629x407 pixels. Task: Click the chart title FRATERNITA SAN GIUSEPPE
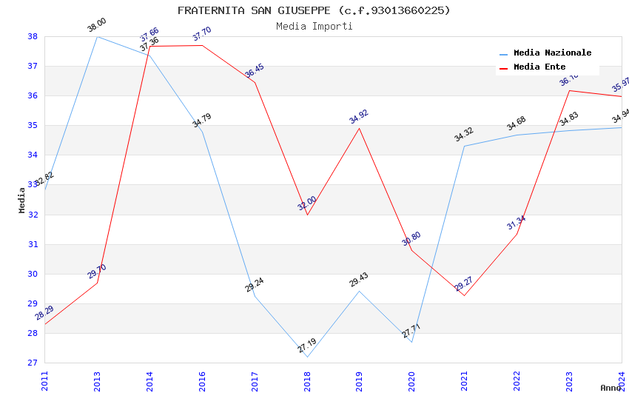[314, 10]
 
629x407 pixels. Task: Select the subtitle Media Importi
[314, 26]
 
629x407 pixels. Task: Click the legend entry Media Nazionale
[552, 53]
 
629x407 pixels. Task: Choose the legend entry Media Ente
[539, 67]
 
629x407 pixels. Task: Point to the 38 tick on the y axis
[33, 36]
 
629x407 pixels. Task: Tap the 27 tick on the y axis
[33, 363]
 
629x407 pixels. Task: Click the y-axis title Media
[22, 200]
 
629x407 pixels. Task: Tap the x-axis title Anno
[610, 388]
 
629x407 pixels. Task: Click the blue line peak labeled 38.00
[97, 36]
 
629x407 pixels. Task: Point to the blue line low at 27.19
[307, 357]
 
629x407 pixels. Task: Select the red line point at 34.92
[360, 128]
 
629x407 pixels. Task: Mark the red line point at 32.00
[307, 215]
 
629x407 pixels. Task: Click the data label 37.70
[202, 34]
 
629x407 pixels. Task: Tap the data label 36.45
[255, 71]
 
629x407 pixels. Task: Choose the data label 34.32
[464, 135]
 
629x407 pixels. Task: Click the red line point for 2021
[464, 295]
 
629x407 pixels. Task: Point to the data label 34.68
[517, 124]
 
